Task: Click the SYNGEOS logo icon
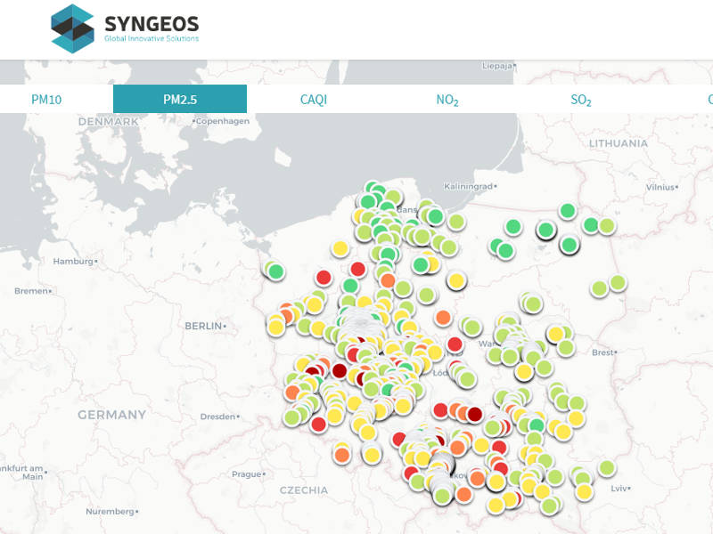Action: pos(72,28)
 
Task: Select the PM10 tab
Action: pos(46,100)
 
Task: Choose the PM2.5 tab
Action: pos(180,100)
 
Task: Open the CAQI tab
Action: pos(314,100)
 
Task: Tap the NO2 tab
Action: pos(447,100)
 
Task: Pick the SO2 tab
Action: pos(581,100)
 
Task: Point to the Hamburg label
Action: pos(74,262)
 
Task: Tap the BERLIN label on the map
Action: pos(203,327)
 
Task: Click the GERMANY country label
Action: pos(111,415)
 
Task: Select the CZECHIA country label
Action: pos(303,490)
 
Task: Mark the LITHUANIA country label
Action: pos(619,143)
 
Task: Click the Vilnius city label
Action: pos(661,188)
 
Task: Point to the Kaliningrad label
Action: pos(469,187)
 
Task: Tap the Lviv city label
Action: pos(620,489)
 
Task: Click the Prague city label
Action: pos(244,474)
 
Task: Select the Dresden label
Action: pos(218,417)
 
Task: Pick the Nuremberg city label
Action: pos(110,512)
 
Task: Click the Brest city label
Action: pos(603,352)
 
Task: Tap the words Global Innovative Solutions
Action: pos(152,38)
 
